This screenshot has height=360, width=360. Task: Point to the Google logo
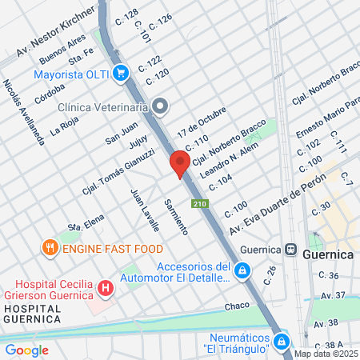click(26, 350)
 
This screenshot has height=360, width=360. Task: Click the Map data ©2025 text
click(326, 354)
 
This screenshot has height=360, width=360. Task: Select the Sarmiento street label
click(175, 215)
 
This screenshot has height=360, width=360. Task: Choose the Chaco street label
click(237, 306)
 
